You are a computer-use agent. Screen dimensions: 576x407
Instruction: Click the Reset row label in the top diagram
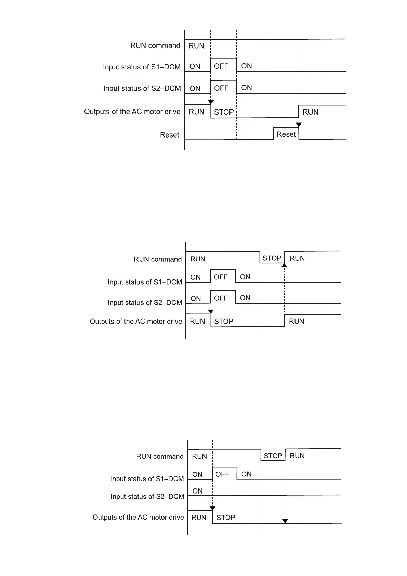[169, 135]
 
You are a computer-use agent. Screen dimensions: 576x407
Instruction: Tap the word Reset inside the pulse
[286, 134]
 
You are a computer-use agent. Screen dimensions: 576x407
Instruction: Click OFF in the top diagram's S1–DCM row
[221, 66]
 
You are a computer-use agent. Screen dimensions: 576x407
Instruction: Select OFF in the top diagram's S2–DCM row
[221, 88]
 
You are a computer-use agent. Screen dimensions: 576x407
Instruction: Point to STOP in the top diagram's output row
[224, 112]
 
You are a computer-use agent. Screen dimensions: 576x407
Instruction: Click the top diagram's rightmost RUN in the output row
[310, 112]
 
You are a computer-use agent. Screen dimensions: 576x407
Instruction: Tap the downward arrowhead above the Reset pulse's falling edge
[299, 125]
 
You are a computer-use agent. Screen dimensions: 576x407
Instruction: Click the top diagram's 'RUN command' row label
[155, 45]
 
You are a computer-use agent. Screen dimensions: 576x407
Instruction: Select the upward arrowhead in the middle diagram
[284, 265]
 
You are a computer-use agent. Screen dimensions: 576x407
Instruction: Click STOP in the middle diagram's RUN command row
[272, 258]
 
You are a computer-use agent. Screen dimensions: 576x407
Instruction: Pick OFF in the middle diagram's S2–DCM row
[221, 298]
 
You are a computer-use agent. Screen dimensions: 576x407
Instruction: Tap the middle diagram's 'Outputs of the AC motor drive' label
[136, 321]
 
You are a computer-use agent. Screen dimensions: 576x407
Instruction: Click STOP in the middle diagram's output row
[224, 321]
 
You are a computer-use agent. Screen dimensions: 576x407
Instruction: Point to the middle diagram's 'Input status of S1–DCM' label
[145, 282]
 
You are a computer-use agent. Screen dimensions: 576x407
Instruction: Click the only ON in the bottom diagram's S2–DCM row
[197, 491]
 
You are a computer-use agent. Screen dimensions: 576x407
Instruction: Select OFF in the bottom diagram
[222, 474]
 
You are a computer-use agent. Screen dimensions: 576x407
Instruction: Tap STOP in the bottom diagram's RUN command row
[273, 456]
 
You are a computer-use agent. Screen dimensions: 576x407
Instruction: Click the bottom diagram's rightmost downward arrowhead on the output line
[285, 521]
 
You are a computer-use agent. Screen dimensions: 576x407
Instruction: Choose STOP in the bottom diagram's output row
[226, 518]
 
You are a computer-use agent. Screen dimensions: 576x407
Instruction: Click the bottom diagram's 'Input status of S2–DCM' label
[147, 496]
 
